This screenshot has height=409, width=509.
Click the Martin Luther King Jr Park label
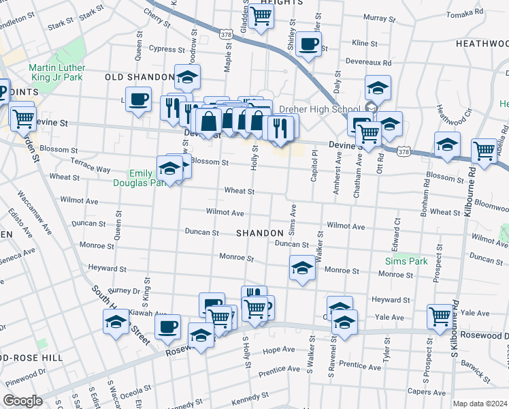56,73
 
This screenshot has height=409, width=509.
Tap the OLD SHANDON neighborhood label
139,77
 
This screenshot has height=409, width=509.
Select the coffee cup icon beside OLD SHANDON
138,100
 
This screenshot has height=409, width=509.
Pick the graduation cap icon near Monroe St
302,267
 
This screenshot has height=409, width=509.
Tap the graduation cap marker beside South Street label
116,321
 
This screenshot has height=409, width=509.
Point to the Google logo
22,401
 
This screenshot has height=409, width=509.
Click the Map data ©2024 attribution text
480,404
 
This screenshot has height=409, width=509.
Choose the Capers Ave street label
422,392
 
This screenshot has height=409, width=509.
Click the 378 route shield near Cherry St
226,32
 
